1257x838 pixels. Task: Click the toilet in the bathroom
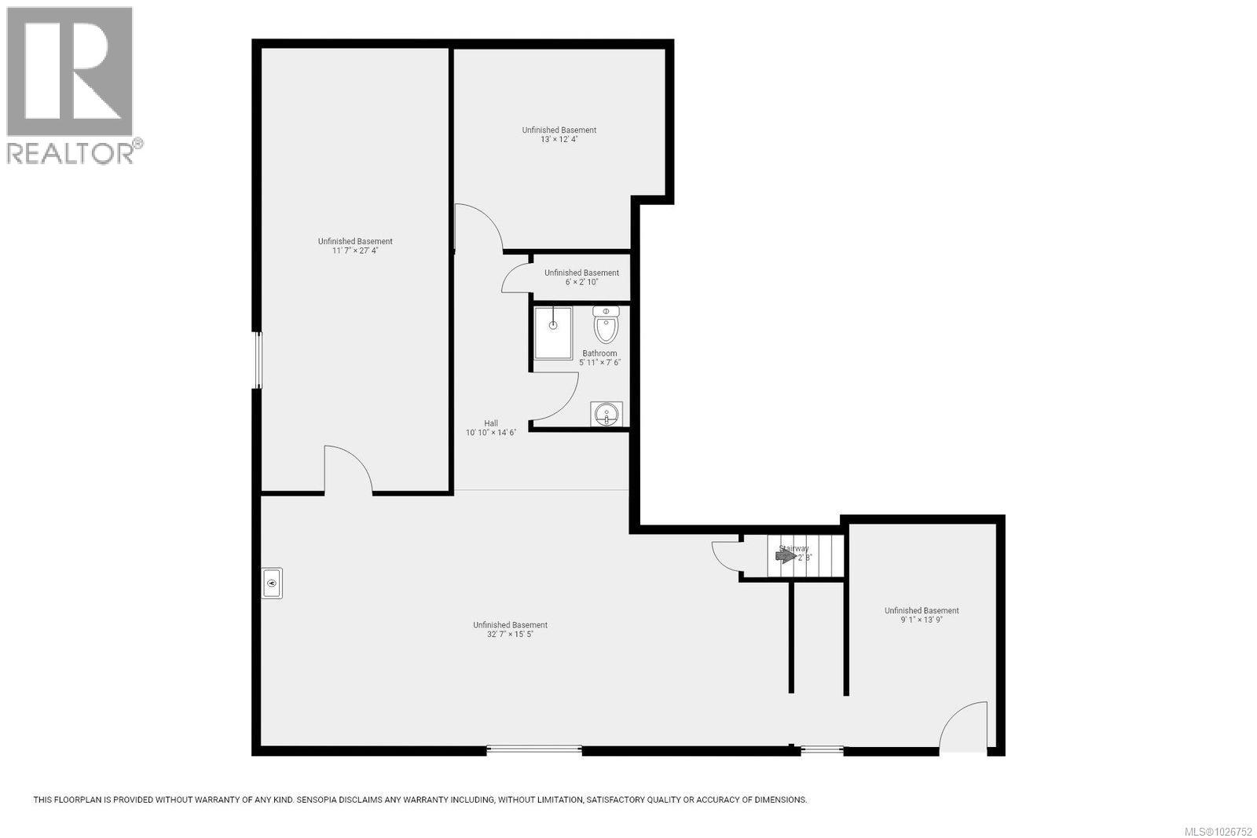point(606,324)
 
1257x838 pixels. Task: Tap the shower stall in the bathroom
point(553,333)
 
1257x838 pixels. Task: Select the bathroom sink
point(606,414)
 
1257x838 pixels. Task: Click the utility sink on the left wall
point(272,583)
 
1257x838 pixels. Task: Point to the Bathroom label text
point(599,353)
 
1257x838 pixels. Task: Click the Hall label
point(491,423)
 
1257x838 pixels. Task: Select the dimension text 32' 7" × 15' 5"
point(510,635)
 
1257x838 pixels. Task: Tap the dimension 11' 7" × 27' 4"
point(355,251)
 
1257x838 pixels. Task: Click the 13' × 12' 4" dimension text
point(559,139)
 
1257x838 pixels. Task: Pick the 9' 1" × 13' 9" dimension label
point(922,620)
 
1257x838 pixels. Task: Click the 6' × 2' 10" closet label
point(581,281)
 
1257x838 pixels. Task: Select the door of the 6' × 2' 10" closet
point(515,278)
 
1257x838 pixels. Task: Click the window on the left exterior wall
point(257,360)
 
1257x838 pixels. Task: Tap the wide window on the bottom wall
point(534,750)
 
